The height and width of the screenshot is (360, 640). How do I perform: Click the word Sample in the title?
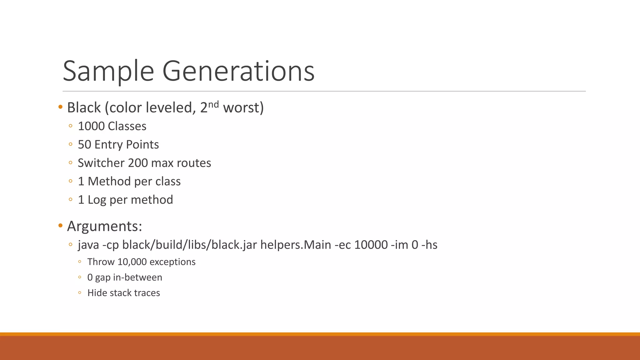(108, 71)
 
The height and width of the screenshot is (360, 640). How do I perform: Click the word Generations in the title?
(238, 71)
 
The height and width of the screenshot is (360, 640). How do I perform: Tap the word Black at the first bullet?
(84, 108)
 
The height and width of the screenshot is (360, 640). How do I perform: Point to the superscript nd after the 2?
(213, 104)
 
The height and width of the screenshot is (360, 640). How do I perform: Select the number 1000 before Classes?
(91, 126)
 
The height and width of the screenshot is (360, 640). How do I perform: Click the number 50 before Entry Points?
(84, 145)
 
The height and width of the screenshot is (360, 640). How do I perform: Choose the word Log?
(97, 200)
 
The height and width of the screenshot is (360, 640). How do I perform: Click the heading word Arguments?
(105, 226)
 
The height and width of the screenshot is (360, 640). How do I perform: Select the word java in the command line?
(88, 245)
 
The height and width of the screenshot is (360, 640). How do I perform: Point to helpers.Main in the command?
(296, 245)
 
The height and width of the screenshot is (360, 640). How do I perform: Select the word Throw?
(101, 262)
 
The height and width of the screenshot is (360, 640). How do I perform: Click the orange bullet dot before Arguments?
(61, 225)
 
